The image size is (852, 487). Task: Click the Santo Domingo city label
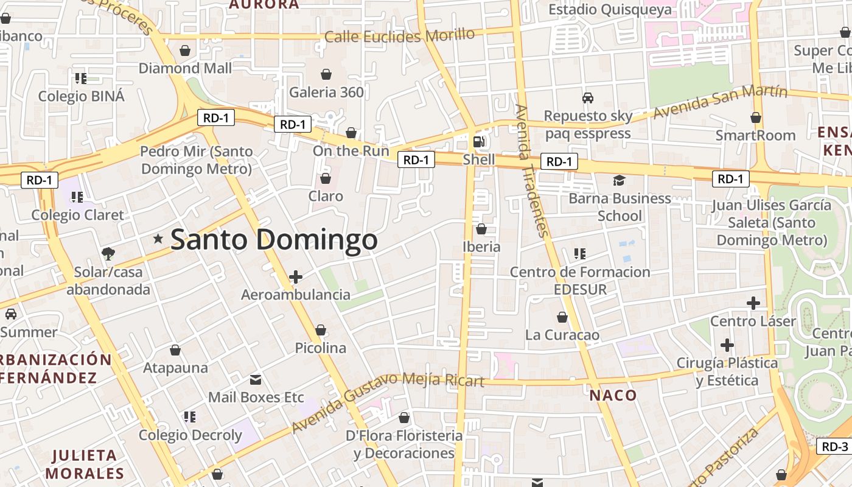(274, 239)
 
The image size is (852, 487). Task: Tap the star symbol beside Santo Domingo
(158, 239)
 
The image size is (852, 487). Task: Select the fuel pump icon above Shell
(479, 142)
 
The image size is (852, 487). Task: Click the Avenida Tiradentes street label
(531, 170)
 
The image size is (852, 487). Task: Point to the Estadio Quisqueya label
(610, 10)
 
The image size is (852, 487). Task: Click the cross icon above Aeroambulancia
(296, 278)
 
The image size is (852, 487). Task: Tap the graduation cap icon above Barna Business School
(619, 180)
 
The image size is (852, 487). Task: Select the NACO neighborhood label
(613, 395)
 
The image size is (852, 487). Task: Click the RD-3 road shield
(835, 446)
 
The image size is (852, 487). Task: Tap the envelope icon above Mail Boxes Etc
(256, 380)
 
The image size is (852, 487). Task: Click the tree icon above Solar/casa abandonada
(108, 253)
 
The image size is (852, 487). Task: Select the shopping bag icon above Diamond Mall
(185, 50)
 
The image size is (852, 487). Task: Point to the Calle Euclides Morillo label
(399, 35)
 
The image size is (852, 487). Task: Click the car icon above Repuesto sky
(588, 97)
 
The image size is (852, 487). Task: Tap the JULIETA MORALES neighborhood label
(85, 464)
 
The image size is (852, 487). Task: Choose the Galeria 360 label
(326, 93)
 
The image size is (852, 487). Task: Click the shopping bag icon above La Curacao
(562, 317)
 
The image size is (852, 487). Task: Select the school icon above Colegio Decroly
(190, 417)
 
